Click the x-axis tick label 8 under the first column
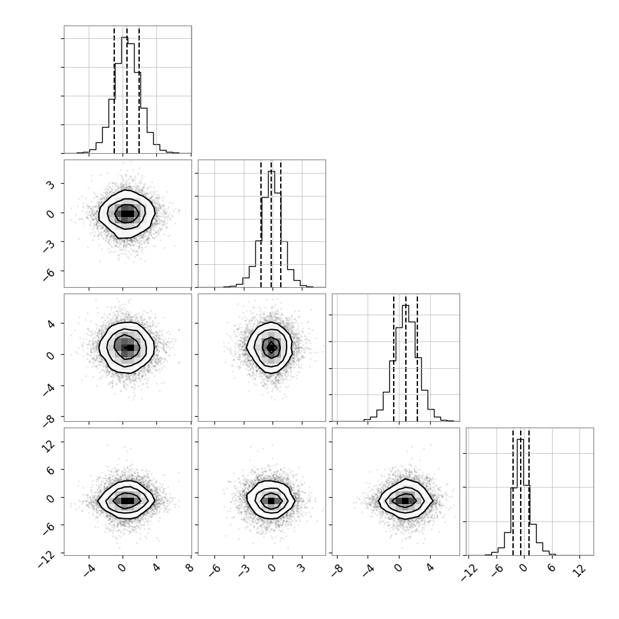[x=190, y=568]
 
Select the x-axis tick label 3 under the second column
[x=301, y=568]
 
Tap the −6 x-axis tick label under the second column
[x=215, y=569]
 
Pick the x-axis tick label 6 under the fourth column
[x=551, y=568]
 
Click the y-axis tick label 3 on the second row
[x=50, y=184]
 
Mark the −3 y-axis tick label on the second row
[x=49, y=244]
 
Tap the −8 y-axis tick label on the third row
[x=49, y=420]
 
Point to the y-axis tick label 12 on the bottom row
[x=49, y=445]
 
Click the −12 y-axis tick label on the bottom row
[x=46, y=560]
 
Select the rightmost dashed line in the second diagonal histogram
[x=280, y=224]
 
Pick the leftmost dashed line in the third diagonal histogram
[x=394, y=358]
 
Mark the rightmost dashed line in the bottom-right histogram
[x=528, y=492]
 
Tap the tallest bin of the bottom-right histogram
[x=520, y=497]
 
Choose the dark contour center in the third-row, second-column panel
[x=271, y=347]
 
